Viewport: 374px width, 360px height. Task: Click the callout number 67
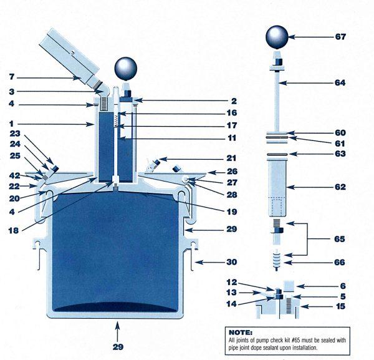340,37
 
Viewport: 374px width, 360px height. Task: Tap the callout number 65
340,238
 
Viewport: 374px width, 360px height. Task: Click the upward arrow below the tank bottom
117,329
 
